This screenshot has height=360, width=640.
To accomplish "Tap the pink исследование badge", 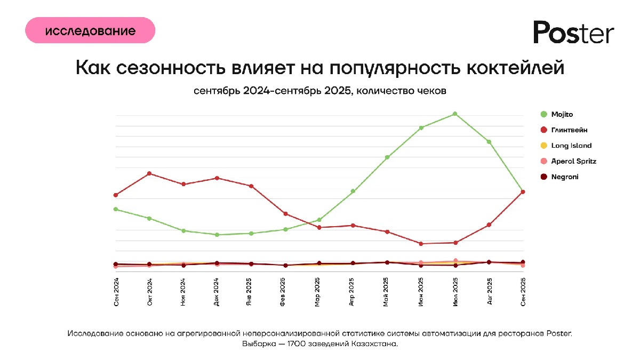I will [x=90, y=30].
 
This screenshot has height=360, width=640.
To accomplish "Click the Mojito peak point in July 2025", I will [x=455, y=114].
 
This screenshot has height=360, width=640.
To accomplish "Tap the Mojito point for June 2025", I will [x=421, y=127].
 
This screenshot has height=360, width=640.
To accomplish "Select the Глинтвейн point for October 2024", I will [x=149, y=173].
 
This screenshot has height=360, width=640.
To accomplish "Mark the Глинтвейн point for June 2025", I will [x=421, y=244].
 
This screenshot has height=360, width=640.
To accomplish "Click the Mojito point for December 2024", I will [x=217, y=235].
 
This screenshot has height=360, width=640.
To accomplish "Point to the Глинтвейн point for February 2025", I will [x=285, y=214].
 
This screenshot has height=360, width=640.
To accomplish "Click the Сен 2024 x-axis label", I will [x=116, y=292].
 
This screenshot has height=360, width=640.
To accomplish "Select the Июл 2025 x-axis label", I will [x=455, y=292].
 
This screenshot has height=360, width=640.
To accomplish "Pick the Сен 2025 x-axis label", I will [x=523, y=292].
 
